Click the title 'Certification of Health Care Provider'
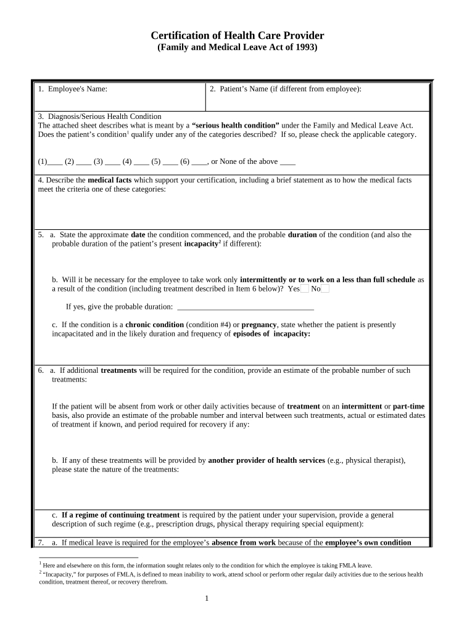(238, 36)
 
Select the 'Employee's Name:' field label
(72, 89)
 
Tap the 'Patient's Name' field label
(233, 89)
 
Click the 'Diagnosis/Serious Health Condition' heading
(99, 116)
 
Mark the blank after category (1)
(55, 162)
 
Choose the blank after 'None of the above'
(287, 162)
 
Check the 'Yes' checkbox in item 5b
(305, 288)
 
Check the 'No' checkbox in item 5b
(325, 288)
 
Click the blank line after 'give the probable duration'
(246, 306)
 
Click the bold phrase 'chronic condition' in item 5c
(154, 324)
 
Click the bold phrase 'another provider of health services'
(266, 460)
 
